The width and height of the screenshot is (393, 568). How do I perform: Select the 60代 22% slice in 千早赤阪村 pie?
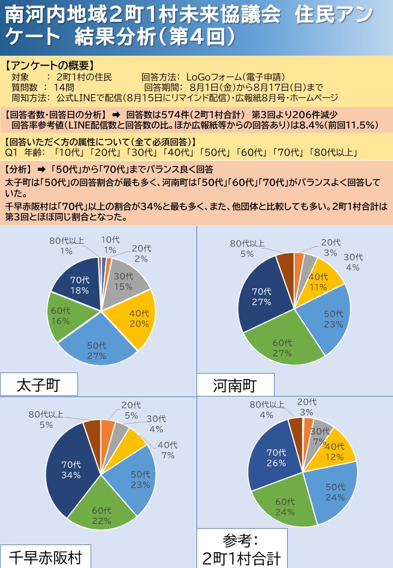click(x=101, y=513)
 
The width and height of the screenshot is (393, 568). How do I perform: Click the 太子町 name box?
click(x=39, y=385)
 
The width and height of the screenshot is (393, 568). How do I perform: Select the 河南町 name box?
click(x=234, y=386)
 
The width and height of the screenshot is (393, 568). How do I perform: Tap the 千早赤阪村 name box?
click(x=45, y=557)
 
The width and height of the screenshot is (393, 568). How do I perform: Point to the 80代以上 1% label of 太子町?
click(x=66, y=246)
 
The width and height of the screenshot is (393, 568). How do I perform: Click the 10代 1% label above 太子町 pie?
click(x=110, y=244)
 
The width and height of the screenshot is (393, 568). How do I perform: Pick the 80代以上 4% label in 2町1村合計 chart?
click(x=267, y=409)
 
